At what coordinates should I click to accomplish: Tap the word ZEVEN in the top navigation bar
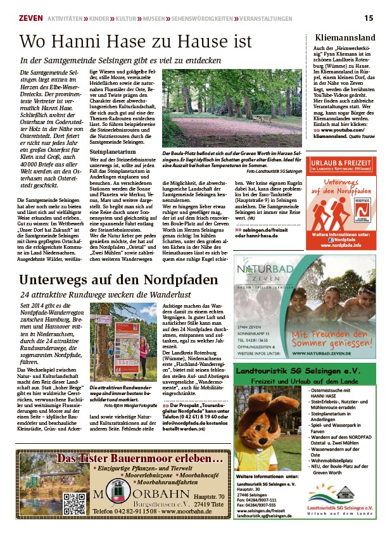click(x=31, y=19)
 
